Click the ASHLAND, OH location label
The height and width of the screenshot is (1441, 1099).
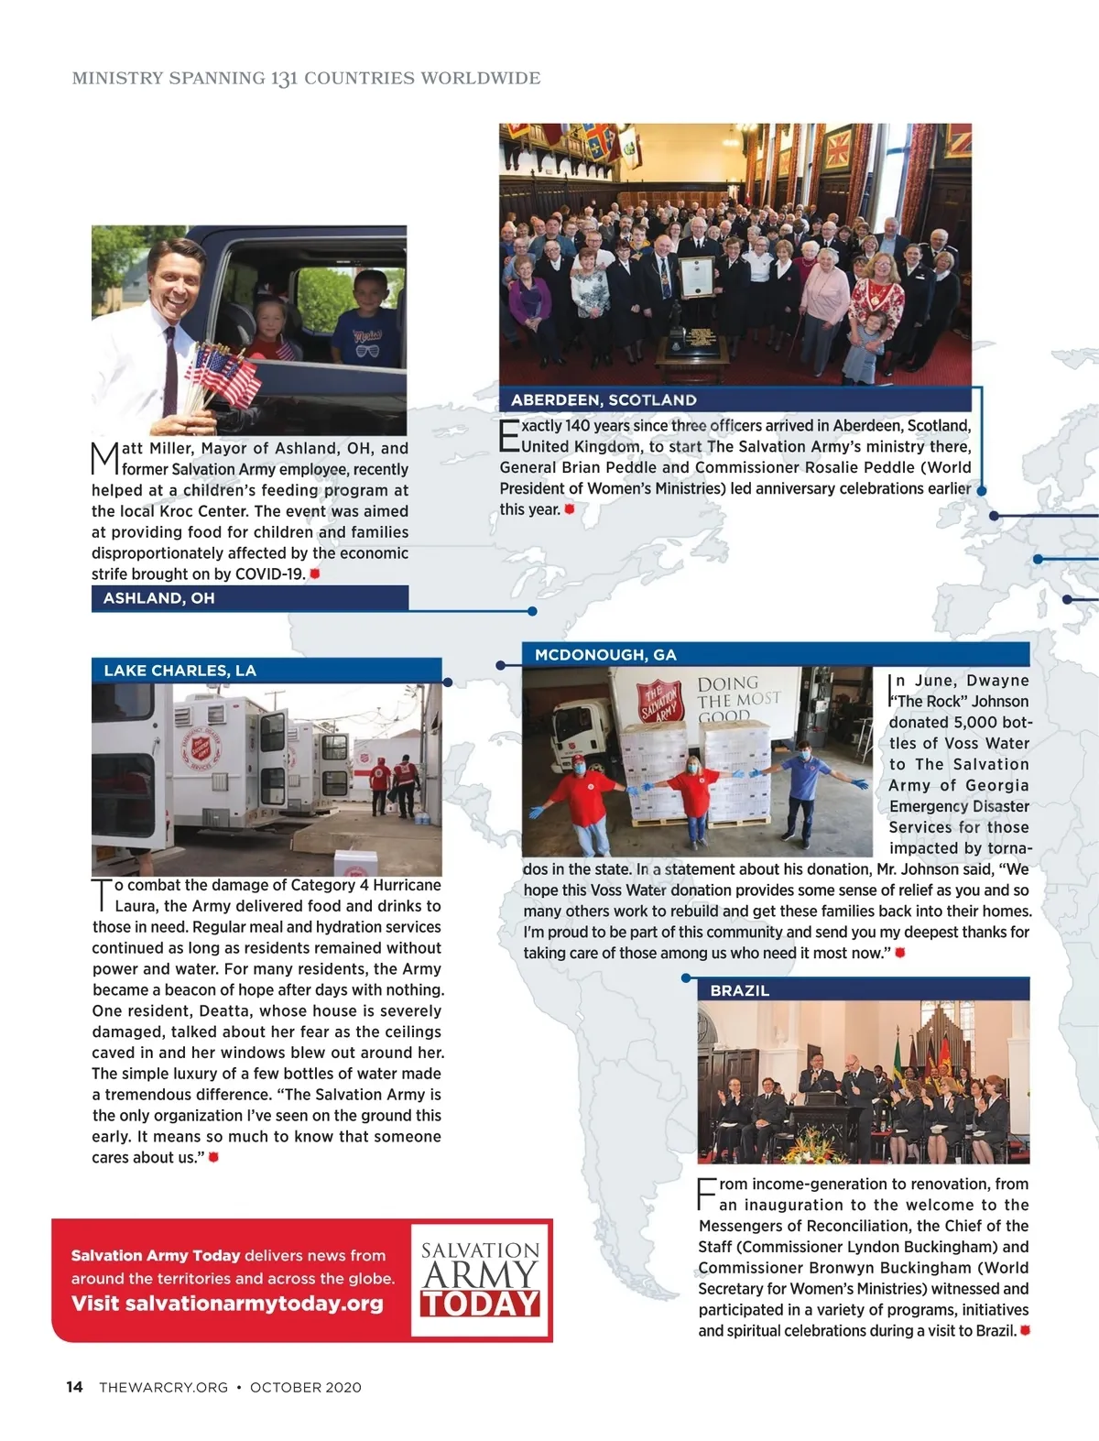(158, 598)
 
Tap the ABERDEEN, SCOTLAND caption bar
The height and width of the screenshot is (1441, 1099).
(604, 400)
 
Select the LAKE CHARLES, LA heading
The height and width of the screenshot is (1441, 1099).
(180, 671)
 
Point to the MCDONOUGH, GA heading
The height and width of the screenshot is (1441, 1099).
(605, 655)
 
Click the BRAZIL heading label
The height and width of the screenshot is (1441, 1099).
(739, 990)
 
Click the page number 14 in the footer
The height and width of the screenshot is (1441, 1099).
(74, 1387)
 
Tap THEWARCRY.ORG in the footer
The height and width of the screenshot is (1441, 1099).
(163, 1388)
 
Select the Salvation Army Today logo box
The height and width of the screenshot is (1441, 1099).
(480, 1280)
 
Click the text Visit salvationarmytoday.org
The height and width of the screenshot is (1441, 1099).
(227, 1304)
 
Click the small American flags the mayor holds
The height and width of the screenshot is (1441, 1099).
(223, 376)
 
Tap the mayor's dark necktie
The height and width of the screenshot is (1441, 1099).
(170, 371)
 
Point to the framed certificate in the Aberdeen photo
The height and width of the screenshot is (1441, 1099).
(696, 277)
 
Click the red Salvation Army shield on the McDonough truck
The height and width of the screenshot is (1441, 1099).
(660, 702)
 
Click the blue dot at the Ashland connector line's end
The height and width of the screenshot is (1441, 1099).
(532, 611)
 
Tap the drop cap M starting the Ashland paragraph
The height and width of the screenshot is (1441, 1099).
(104, 458)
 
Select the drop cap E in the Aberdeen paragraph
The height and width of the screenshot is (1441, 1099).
(509, 436)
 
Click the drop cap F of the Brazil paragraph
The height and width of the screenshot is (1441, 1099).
(707, 1195)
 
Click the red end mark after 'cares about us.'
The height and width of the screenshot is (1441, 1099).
(213, 1157)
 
